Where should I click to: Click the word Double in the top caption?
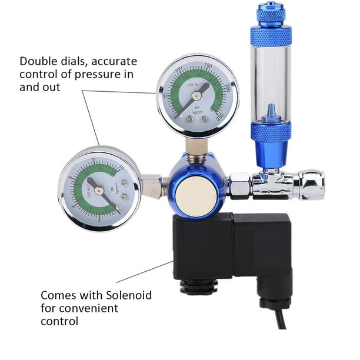pos(36,61)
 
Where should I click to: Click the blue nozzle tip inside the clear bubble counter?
pos(271,110)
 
